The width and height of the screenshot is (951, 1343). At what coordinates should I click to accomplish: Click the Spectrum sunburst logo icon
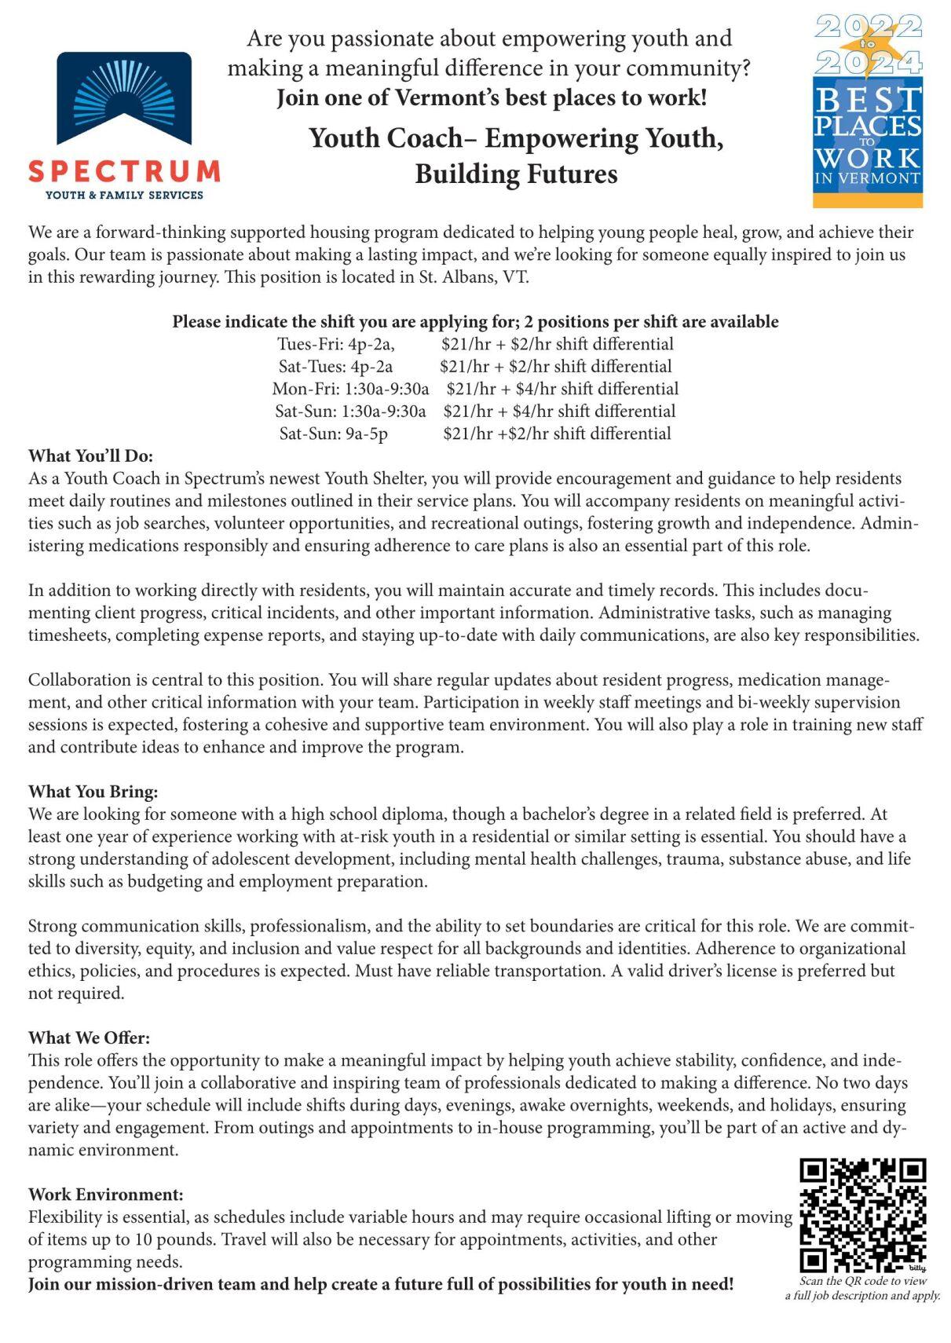[x=124, y=98]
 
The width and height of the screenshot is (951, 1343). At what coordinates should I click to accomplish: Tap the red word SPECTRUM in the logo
[x=124, y=170]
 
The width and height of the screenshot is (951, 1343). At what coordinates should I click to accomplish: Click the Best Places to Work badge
[x=867, y=111]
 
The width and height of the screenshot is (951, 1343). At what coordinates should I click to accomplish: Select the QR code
[x=862, y=1214]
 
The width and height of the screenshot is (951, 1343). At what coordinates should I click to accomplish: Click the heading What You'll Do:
[x=90, y=456]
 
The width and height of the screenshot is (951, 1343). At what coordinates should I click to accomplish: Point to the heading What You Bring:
[x=93, y=792]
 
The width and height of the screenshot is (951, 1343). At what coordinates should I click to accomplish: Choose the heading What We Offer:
[x=89, y=1038]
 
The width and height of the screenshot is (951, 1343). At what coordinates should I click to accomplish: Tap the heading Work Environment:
[x=105, y=1195]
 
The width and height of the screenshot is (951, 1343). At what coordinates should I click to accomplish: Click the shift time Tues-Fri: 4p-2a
[x=335, y=345]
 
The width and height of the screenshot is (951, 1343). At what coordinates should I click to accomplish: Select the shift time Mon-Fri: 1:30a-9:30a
[x=350, y=390]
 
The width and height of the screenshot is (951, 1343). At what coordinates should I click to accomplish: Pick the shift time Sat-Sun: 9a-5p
[x=333, y=434]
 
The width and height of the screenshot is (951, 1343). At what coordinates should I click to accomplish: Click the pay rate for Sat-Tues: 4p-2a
[x=555, y=367]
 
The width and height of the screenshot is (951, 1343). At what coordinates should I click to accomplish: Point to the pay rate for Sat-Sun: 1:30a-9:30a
[x=558, y=412]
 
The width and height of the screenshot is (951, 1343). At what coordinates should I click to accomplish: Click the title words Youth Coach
[x=386, y=138]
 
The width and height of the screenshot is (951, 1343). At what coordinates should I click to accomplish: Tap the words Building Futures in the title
[x=516, y=174]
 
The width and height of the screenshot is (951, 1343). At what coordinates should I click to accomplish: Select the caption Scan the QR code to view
[x=862, y=1281]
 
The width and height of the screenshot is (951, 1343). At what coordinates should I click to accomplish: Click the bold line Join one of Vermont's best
[x=491, y=98]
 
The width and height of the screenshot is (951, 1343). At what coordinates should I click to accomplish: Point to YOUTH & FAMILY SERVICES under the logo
[x=124, y=195]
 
